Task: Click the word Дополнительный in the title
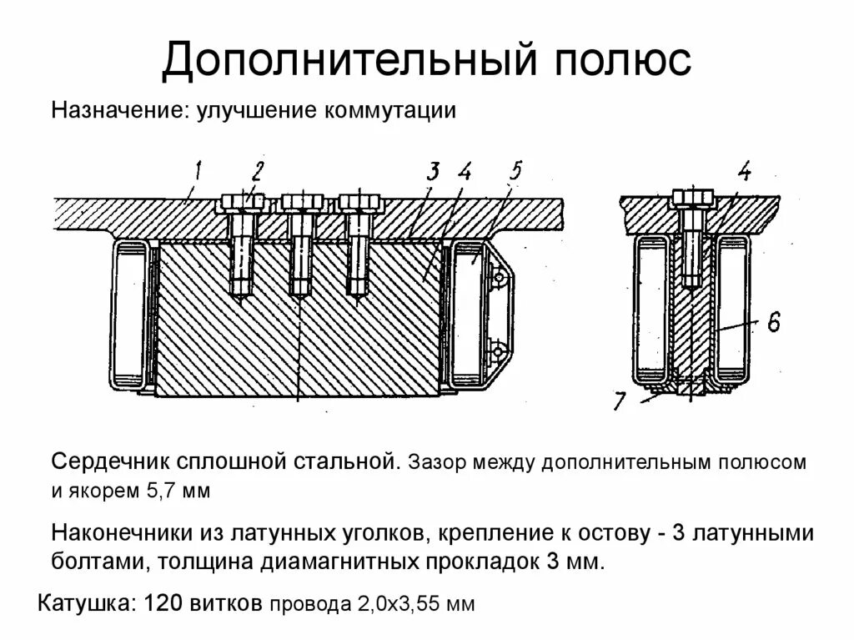pos(341,61)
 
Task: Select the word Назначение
pos(119,111)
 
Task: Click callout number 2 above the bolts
pos(256,172)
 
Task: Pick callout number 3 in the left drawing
pos(433,174)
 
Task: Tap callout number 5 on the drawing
pos(515,172)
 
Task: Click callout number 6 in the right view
pos(773,321)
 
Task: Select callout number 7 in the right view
pos(618,400)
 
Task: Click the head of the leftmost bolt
pos(242,202)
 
